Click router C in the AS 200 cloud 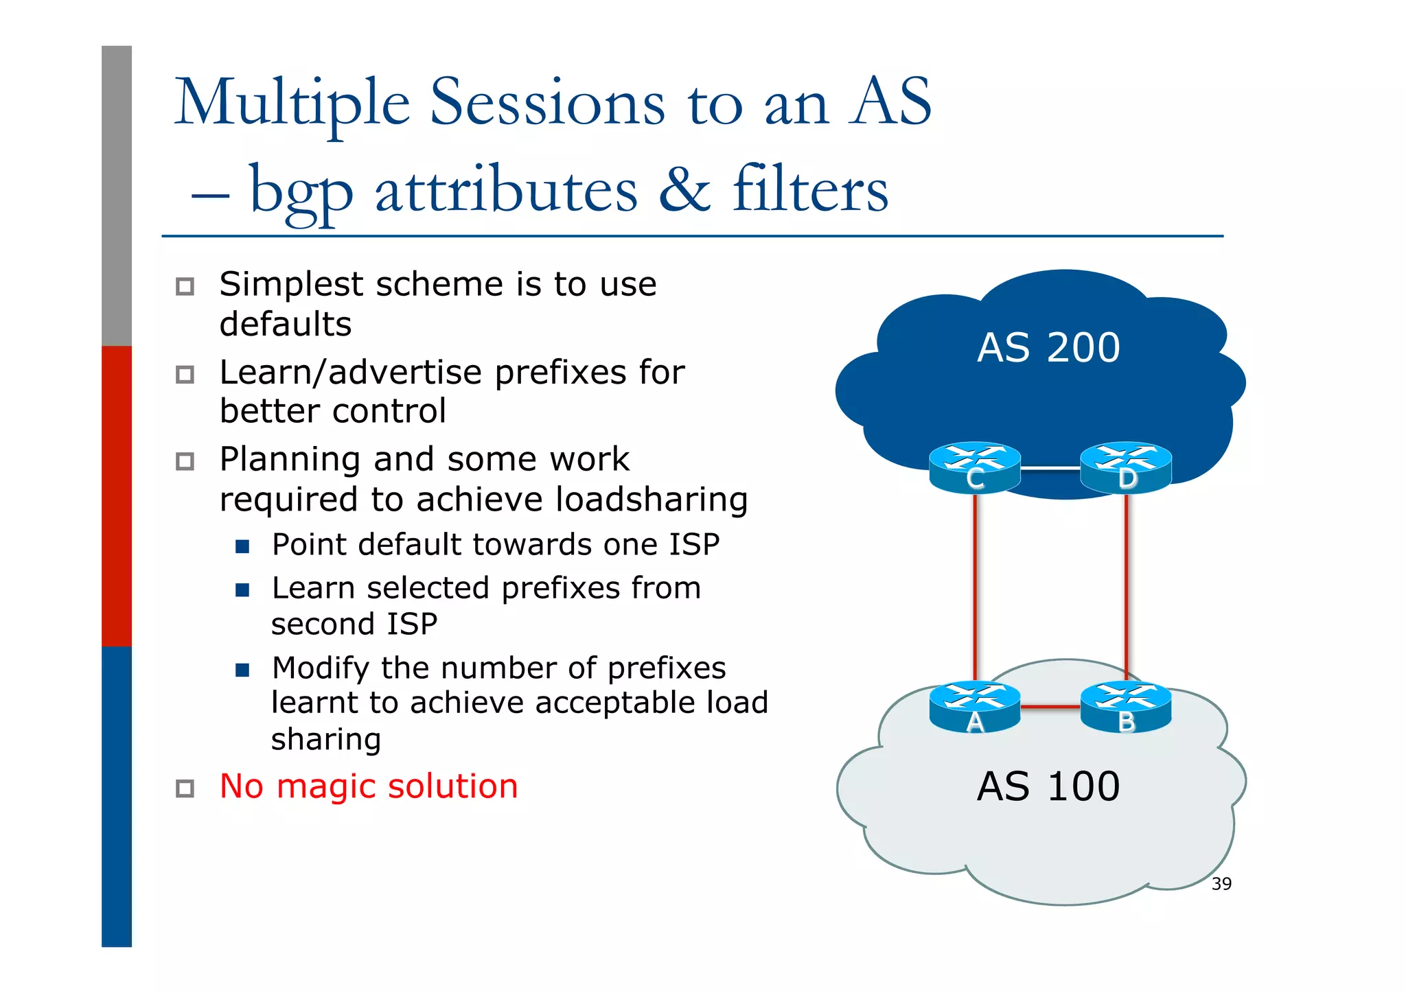point(974,467)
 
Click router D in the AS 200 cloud point(1125,467)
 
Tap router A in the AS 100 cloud point(974,707)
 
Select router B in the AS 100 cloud point(1125,707)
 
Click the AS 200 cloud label point(1048,348)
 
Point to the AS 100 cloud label point(1048,786)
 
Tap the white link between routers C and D point(1050,468)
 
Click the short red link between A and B point(1050,706)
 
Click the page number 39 point(1221,884)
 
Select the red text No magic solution point(369,786)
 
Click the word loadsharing point(651,500)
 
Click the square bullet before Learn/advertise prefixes point(185,375)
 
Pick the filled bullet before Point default point(242,547)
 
